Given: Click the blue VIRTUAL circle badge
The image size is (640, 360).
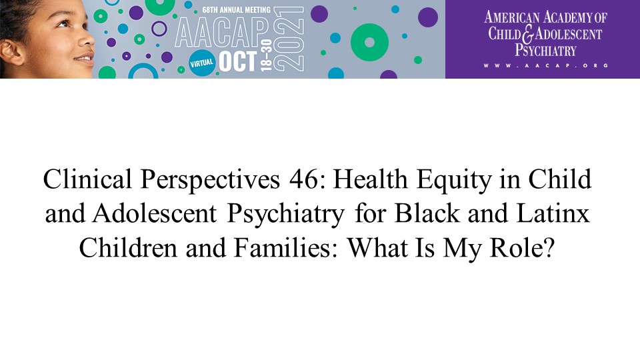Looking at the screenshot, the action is coord(201,63).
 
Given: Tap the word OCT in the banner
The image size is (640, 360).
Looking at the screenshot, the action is coord(238,61).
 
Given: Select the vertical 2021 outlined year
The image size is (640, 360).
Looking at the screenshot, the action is coord(289,39).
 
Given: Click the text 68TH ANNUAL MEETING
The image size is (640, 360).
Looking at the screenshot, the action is coord(236,10).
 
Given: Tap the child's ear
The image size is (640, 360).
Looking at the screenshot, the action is coord(10,51).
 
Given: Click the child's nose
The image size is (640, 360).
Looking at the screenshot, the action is coord(87,39).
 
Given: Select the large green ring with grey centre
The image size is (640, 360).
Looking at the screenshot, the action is coord(369,43).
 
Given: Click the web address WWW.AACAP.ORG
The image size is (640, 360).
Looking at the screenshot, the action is coord(546,65).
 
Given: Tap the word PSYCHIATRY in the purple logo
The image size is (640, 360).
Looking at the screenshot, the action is coord(545,50).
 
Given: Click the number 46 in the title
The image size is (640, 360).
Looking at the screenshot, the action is coord(303,179).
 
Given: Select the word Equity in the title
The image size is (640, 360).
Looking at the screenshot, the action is coord(454,181).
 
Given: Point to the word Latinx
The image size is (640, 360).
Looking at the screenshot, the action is coord(553,213).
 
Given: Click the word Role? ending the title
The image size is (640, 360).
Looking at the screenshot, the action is coord(522,247).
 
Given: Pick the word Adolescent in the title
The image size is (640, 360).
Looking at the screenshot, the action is coord(154,213).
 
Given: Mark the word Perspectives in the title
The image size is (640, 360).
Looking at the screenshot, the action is coord(210,181).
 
